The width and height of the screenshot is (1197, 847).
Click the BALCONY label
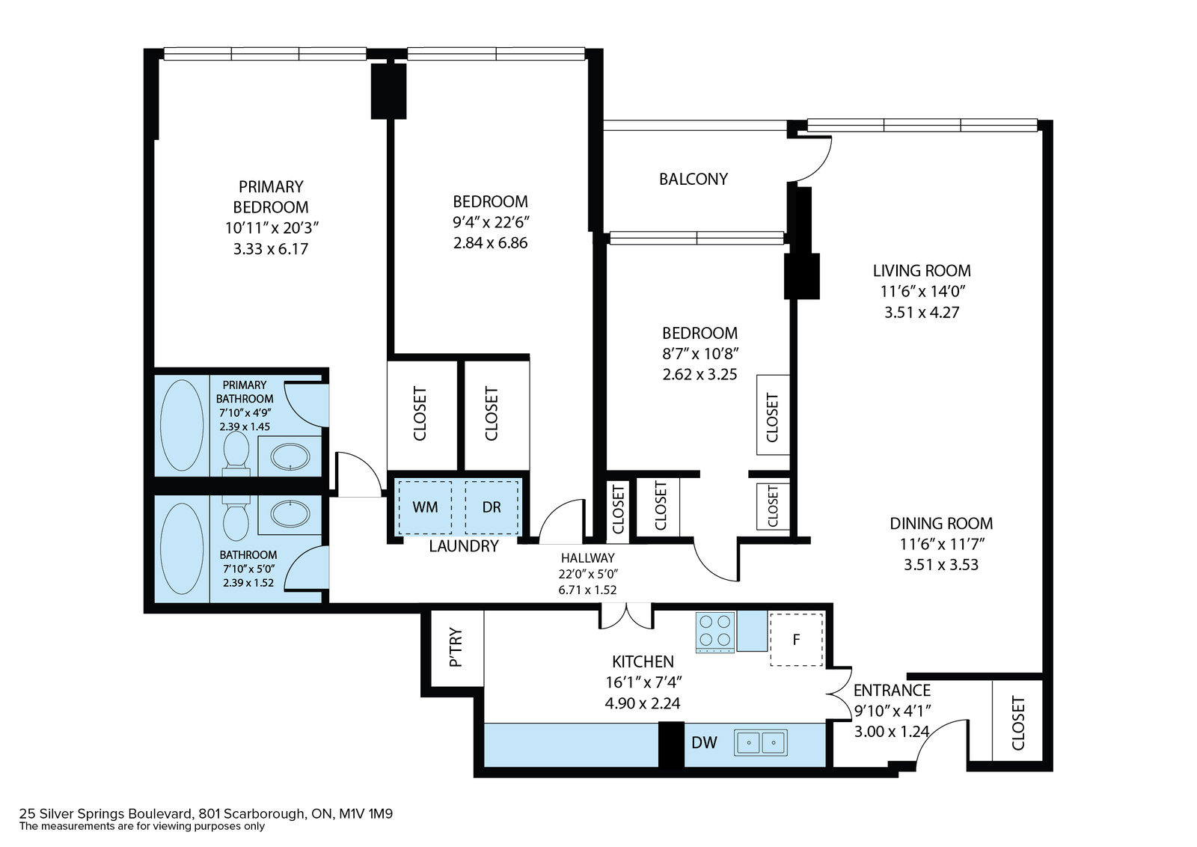click(693, 179)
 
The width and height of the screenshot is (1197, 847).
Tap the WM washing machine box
click(425, 507)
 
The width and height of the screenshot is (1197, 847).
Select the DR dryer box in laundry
click(492, 507)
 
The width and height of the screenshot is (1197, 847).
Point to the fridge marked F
click(796, 640)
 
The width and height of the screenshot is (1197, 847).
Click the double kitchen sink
click(760, 742)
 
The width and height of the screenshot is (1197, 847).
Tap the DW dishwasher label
click(704, 742)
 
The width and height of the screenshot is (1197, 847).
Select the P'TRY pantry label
click(456, 647)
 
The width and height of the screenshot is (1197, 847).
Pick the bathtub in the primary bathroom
click(182, 425)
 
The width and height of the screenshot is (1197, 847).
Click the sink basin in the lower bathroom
click(290, 513)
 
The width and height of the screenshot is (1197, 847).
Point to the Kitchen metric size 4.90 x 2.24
click(643, 703)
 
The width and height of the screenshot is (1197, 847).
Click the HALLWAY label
click(588, 558)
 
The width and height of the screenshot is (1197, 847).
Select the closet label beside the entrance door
click(1018, 723)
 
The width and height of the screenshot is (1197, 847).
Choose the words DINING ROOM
click(941, 523)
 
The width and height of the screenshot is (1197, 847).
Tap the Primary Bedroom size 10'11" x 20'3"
click(272, 228)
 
